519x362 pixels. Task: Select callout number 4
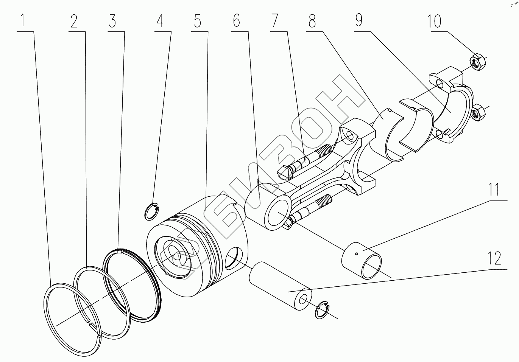tap(160, 21)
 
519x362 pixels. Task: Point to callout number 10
tap(434, 21)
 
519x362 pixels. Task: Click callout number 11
tap(495, 190)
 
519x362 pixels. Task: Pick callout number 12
tap(495, 259)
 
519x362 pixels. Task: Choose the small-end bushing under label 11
tap(362, 260)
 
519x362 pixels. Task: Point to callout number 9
tap(358, 21)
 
